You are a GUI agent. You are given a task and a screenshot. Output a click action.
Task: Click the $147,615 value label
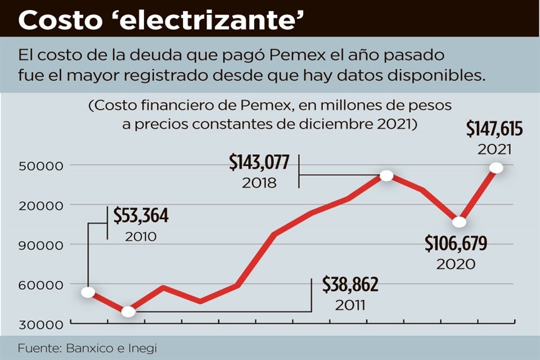(x=494, y=130)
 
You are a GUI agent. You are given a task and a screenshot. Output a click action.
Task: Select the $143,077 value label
(x=259, y=163)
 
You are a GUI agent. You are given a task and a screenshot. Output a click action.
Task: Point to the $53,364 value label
(x=141, y=215)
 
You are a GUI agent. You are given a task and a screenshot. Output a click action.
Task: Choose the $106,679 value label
(x=456, y=244)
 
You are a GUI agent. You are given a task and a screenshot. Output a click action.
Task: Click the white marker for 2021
(x=496, y=168)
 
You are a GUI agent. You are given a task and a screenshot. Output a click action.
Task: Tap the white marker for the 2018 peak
(x=386, y=175)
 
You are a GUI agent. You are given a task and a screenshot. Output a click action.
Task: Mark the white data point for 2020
(x=459, y=222)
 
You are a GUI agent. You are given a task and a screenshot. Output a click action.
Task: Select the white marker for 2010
(x=88, y=292)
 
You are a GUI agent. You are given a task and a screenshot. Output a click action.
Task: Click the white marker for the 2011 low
(x=128, y=311)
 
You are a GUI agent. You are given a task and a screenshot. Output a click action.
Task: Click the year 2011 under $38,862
(x=350, y=305)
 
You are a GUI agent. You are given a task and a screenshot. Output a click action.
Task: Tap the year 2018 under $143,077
(x=259, y=183)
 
